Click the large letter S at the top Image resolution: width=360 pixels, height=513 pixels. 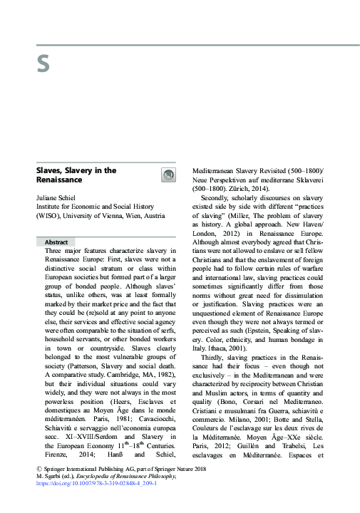pos(43,65)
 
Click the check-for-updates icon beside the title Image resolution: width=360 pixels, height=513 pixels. pos(168,175)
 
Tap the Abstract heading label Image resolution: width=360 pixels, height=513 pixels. pos(56,242)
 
